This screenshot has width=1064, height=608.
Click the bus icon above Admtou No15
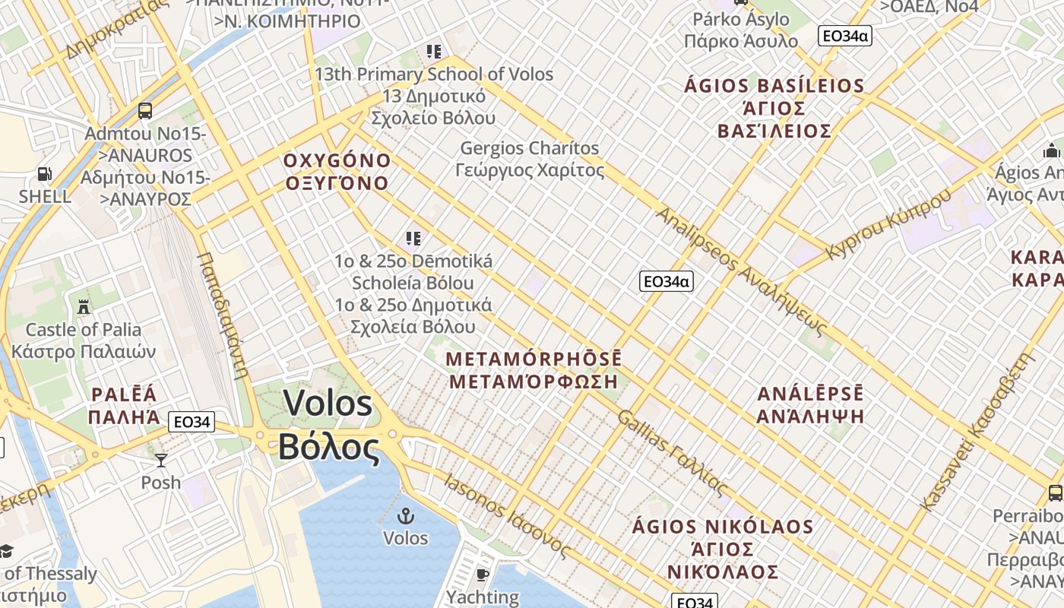[x=145, y=111]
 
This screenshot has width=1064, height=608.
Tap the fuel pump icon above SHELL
[x=45, y=175]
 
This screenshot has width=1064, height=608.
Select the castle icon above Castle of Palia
[x=84, y=307]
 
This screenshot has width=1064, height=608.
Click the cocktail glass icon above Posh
[x=161, y=460]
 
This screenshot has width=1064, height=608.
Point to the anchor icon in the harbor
[x=406, y=516]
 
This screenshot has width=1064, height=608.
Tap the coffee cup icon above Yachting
[x=482, y=574]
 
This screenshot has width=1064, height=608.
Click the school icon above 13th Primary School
[x=434, y=52]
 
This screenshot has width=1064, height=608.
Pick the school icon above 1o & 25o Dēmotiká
[x=413, y=239]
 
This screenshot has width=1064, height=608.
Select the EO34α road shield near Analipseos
[x=666, y=281]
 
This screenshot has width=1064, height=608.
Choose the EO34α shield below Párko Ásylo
[x=844, y=36]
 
